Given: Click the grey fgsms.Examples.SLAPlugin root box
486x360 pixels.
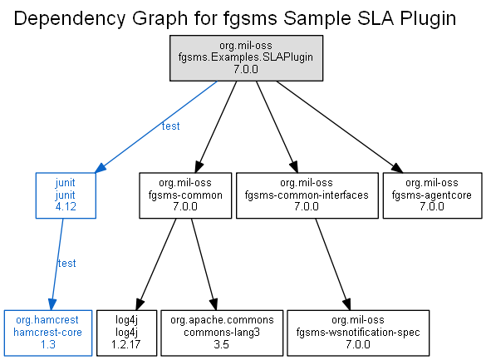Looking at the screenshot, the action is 246,58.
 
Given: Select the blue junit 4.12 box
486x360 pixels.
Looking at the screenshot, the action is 66,195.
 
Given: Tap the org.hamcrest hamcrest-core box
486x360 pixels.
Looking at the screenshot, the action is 48,333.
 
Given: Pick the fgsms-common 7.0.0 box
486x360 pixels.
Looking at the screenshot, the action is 185,195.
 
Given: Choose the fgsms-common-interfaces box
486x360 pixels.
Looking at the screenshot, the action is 307,195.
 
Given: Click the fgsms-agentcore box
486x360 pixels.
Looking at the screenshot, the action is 432,195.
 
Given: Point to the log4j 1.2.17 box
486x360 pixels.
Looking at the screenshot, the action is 127,333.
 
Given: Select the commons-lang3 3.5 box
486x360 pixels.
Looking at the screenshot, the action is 222,333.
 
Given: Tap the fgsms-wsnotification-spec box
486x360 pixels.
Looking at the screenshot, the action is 358,333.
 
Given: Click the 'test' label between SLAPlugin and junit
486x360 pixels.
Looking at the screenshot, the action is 171,126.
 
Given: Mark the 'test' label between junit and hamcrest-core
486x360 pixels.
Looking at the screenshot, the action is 67,264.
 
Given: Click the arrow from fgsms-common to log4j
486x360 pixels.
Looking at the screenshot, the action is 156,264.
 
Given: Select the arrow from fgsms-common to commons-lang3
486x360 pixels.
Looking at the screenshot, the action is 204,264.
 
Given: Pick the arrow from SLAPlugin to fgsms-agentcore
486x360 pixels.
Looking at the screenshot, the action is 340,127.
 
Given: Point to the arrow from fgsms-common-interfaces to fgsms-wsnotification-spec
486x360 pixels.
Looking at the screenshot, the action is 333,264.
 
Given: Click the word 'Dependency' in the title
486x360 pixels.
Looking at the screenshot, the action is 70,18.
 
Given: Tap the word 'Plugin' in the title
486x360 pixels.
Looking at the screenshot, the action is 428,18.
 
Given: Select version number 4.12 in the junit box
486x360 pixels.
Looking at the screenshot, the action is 66,207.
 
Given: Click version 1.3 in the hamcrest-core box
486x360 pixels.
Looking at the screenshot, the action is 48,344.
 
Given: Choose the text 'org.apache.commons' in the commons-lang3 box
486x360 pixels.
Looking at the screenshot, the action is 222,320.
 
